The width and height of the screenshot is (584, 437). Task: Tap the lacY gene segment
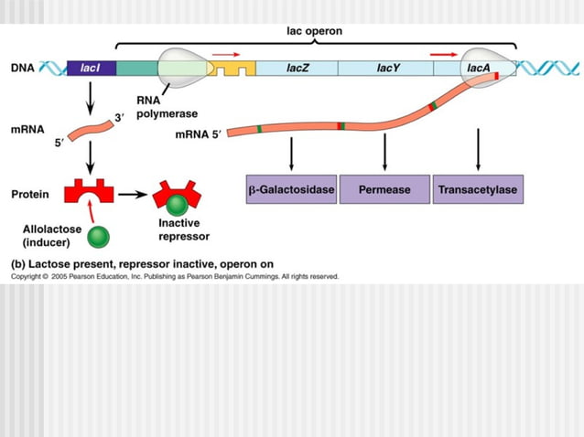pyautogui.click(x=385, y=68)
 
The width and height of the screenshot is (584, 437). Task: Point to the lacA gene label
pyautogui.click(x=479, y=68)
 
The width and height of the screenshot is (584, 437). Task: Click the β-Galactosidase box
pyautogui.click(x=291, y=189)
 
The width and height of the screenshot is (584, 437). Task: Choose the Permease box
pyautogui.click(x=384, y=189)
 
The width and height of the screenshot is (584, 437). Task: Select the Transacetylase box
pyautogui.click(x=478, y=189)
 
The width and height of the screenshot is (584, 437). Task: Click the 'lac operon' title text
pyautogui.click(x=316, y=30)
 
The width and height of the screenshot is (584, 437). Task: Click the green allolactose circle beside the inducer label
pyautogui.click(x=98, y=238)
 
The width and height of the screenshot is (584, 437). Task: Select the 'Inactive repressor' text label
pyautogui.click(x=183, y=229)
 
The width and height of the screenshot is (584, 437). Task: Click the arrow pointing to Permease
pyautogui.click(x=384, y=151)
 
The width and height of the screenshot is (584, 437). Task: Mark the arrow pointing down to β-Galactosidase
pyautogui.click(x=291, y=151)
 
